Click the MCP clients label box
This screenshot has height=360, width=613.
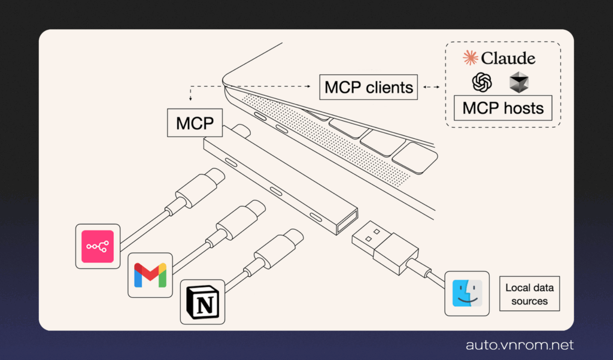point(369,87)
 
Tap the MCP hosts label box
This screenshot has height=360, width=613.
point(502,108)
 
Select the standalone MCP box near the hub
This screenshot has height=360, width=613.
point(195,123)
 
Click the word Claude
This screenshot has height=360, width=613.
point(508,58)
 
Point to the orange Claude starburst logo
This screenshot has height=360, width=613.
point(470,58)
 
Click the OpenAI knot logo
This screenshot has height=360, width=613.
point(482,82)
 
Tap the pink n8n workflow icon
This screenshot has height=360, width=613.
point(98,246)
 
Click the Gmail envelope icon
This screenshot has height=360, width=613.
point(150,274)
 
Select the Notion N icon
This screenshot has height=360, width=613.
point(202,302)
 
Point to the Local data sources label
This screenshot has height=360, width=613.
point(529,294)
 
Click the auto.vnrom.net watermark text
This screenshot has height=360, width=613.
point(520,345)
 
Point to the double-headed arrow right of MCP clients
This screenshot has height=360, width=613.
point(431,87)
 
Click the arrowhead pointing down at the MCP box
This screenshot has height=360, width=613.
point(190,98)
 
